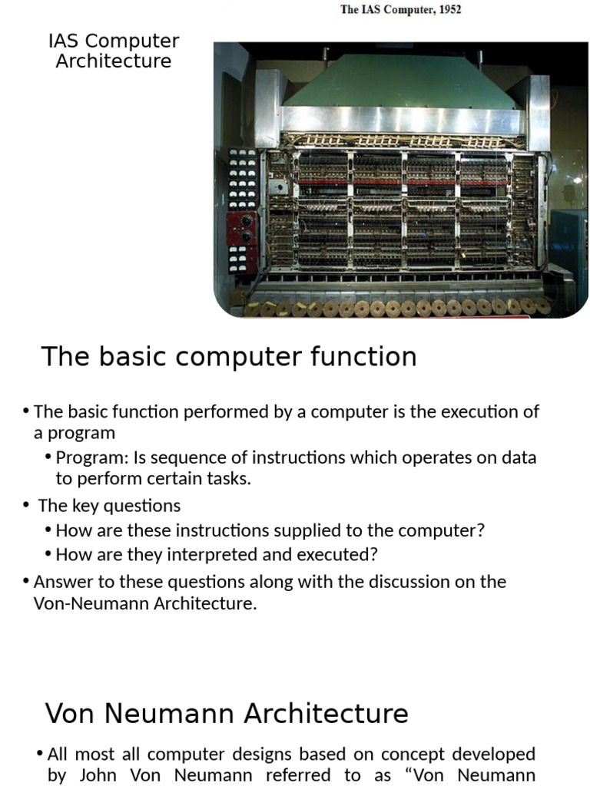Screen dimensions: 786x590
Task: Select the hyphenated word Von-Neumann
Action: tap(91, 603)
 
